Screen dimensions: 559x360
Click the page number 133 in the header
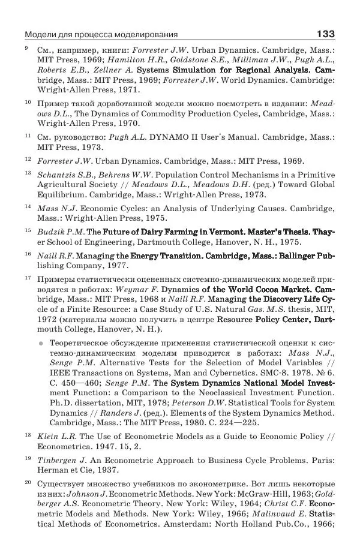coord(325,34)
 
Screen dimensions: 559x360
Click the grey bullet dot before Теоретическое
coord(41,344)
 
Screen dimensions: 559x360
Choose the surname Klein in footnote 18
coord(48,437)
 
